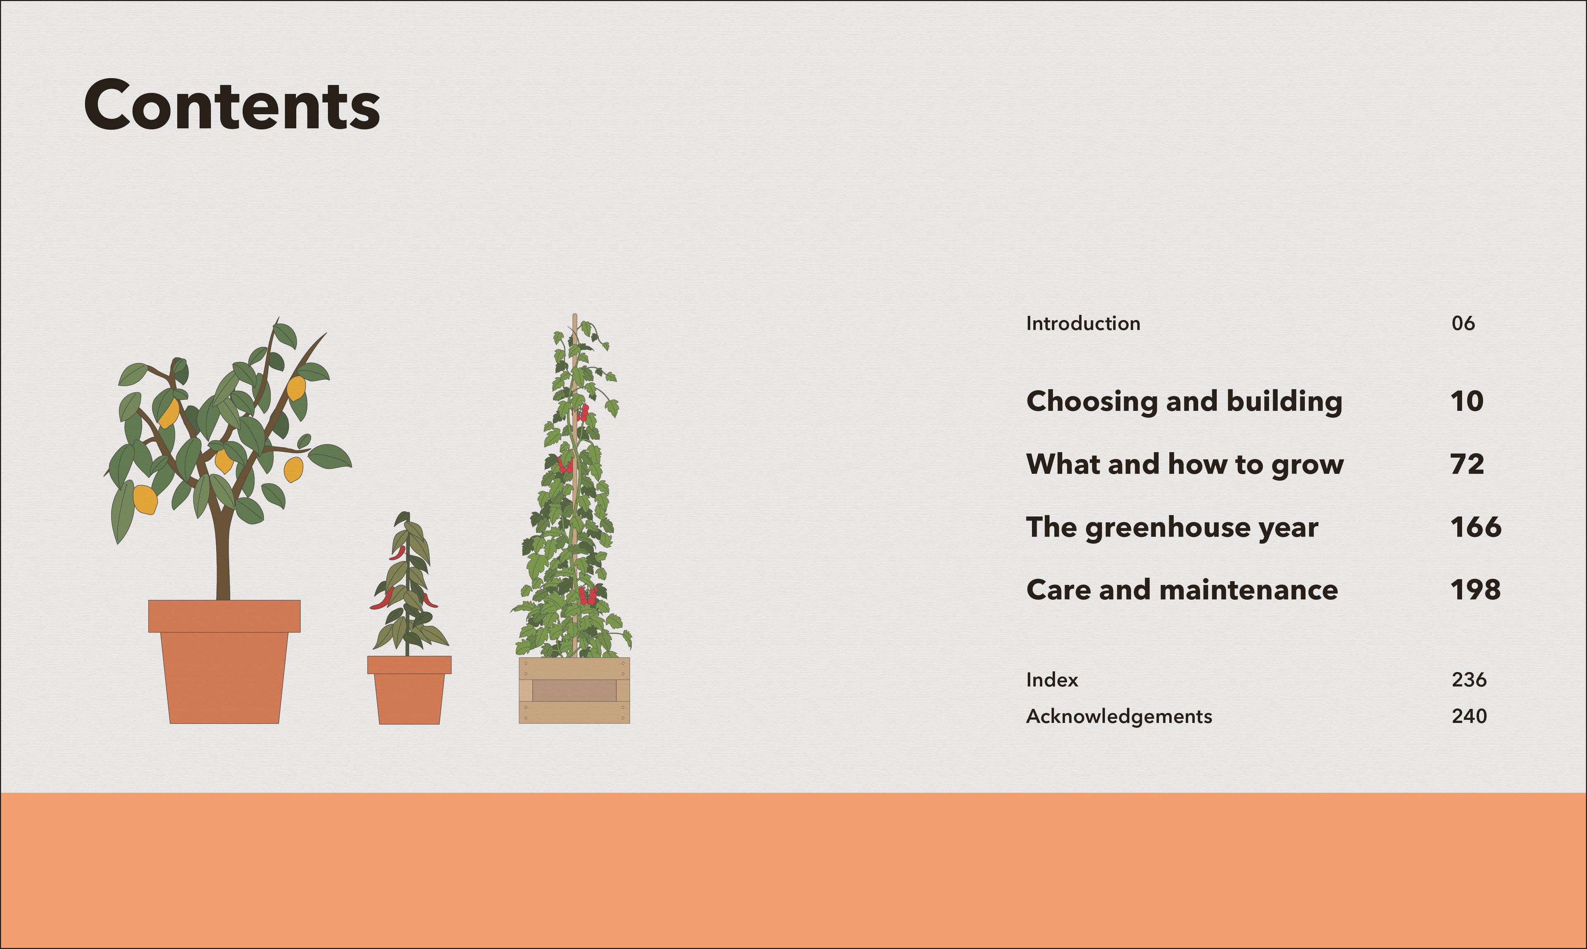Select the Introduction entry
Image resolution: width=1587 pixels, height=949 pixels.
[1082, 324]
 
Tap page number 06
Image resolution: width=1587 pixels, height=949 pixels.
[1463, 324]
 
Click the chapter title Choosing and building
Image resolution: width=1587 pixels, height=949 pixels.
[1184, 402]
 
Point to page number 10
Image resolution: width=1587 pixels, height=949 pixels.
[1467, 402]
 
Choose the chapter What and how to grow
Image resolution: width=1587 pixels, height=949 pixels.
[1184, 464]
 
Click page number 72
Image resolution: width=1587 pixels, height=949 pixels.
[1467, 464]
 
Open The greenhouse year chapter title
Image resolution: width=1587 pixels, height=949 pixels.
[1171, 527]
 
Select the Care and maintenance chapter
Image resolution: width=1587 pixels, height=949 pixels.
[1182, 589]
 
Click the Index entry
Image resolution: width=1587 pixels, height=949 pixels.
[1052, 680]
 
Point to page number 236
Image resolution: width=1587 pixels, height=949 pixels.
[1469, 680]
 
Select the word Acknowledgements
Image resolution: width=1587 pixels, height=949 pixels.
[1118, 716]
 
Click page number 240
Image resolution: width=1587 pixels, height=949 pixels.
[1469, 716]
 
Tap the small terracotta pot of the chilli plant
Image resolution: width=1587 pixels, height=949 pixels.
[409, 694]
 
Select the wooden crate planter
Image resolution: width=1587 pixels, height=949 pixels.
[574, 691]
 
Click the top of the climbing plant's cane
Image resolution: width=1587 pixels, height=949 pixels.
[575, 318]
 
